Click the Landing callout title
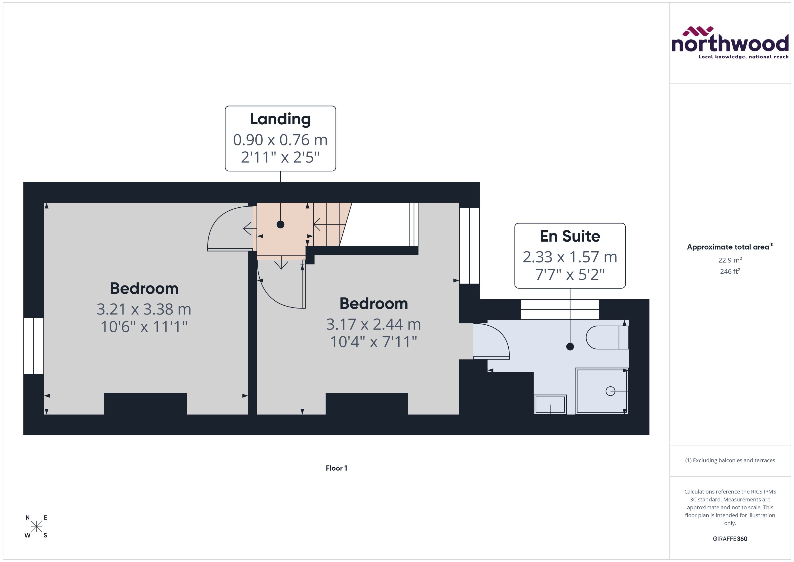280,119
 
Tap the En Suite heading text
570,236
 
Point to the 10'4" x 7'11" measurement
373,342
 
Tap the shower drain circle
610,391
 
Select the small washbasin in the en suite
550,404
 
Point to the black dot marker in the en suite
570,346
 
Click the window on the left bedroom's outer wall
34,346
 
